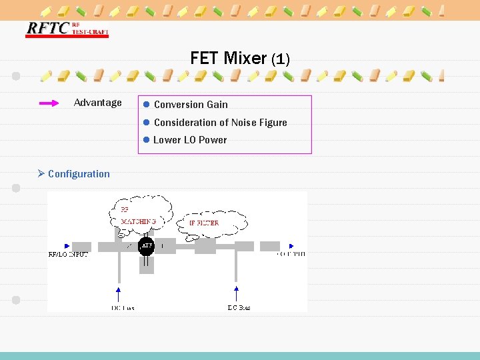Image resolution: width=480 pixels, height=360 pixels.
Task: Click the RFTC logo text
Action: [x=47, y=28]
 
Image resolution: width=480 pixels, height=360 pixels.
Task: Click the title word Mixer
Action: [x=245, y=58]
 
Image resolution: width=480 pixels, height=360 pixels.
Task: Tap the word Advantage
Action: [x=98, y=103]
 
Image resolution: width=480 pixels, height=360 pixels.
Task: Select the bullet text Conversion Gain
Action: [x=191, y=105]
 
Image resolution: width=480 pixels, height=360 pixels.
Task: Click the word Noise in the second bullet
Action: [x=247, y=123]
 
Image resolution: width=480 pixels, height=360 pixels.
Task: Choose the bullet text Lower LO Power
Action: [x=190, y=140]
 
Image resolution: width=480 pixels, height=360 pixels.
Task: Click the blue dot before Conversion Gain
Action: [x=145, y=105]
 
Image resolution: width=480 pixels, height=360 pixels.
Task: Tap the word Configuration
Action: [x=79, y=174]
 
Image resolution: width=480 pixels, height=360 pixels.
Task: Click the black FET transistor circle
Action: [x=146, y=247]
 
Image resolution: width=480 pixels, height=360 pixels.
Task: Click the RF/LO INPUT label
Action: [x=69, y=254]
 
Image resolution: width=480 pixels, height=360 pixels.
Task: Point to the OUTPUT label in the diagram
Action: [x=291, y=254]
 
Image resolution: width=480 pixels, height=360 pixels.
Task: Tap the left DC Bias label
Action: [x=123, y=307]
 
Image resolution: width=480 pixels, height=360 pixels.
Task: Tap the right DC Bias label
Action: [x=239, y=307]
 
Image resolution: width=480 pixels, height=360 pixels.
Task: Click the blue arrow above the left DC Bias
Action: [x=119, y=293]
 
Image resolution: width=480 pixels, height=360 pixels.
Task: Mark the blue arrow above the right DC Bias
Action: [x=236, y=293]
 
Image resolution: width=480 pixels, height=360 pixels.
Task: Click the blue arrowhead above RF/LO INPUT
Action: [x=66, y=245]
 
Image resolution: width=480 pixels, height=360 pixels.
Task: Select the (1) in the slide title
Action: [x=280, y=59]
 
